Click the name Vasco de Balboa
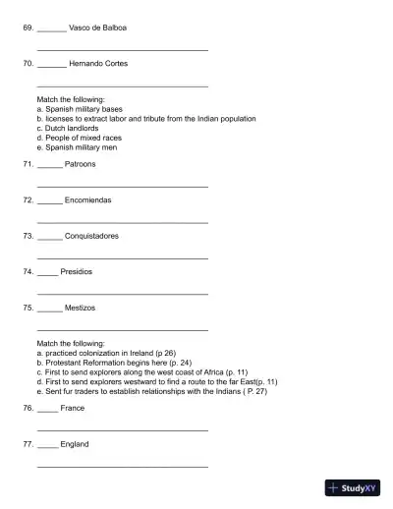coord(98,28)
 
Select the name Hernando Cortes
coord(98,64)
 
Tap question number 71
coord(28,164)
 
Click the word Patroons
coord(81,164)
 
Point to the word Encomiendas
coord(87,199)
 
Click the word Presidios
coord(77,271)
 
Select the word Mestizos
coord(80,308)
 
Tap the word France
coord(73,408)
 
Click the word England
coord(75,444)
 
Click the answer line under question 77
coord(122,466)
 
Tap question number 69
coord(28,28)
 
